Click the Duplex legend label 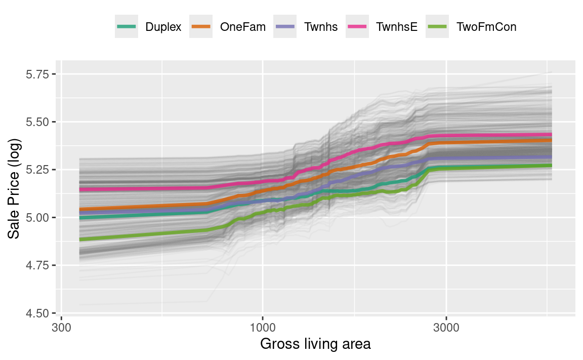(x=163, y=27)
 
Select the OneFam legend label (x=243, y=27)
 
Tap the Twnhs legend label (x=321, y=27)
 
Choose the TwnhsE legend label (x=397, y=27)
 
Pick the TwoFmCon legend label (x=486, y=27)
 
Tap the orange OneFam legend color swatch (x=202, y=27)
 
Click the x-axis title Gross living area (x=315, y=345)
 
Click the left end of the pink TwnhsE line (x=80, y=190)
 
